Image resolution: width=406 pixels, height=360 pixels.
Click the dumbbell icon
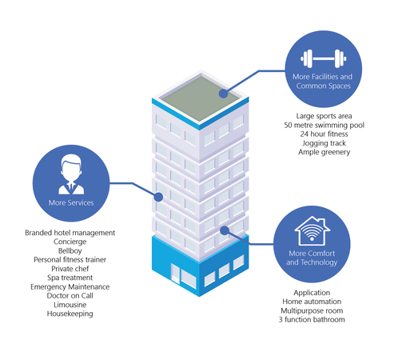324,58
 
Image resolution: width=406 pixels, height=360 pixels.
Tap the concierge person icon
71,174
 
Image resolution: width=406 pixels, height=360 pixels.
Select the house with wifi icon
312,231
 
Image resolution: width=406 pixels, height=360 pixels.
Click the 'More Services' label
71,202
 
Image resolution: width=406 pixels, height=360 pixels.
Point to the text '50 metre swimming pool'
324,125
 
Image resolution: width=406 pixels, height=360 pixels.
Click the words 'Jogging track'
324,143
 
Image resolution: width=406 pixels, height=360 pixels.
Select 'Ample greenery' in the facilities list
324,152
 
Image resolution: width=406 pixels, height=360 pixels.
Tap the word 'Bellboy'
70,250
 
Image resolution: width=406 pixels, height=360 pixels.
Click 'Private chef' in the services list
70,269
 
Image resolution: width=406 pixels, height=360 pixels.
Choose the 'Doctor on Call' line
70,295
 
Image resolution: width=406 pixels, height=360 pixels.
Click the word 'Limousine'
70,305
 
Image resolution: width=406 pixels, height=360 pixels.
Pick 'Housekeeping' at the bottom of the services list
70,314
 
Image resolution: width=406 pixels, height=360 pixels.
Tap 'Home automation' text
312,302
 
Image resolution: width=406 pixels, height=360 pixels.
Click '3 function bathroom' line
312,319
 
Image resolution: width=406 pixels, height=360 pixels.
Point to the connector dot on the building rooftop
223,94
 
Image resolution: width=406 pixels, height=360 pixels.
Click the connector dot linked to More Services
158,197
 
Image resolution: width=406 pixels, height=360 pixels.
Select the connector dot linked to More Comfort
225,230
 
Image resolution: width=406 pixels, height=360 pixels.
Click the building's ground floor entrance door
175,273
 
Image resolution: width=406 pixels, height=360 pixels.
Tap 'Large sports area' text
324,116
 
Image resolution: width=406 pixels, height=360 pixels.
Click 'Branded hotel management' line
70,233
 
